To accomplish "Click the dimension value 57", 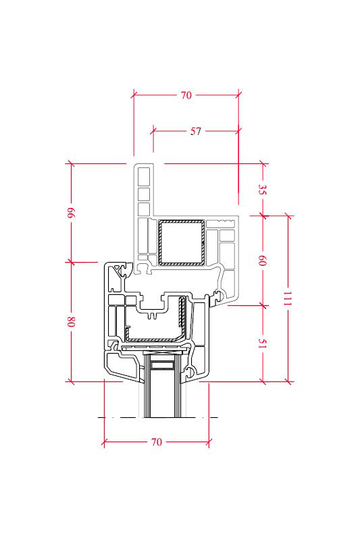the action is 195,131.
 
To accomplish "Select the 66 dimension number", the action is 71,213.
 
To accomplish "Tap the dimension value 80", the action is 71,322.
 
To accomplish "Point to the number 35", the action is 263,189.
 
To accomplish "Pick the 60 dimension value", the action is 263,261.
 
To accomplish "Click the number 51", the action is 263,344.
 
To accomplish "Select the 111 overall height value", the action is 288,298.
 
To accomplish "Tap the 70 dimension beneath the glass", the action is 157,442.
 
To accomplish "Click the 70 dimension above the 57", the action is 186,95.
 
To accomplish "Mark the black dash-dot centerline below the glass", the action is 158,417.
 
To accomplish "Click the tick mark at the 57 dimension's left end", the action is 153,131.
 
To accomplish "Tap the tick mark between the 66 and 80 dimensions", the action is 71,263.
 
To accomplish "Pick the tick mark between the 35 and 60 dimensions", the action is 263,216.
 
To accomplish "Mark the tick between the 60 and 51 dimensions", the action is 263,305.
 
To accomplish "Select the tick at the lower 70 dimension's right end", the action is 209,442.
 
